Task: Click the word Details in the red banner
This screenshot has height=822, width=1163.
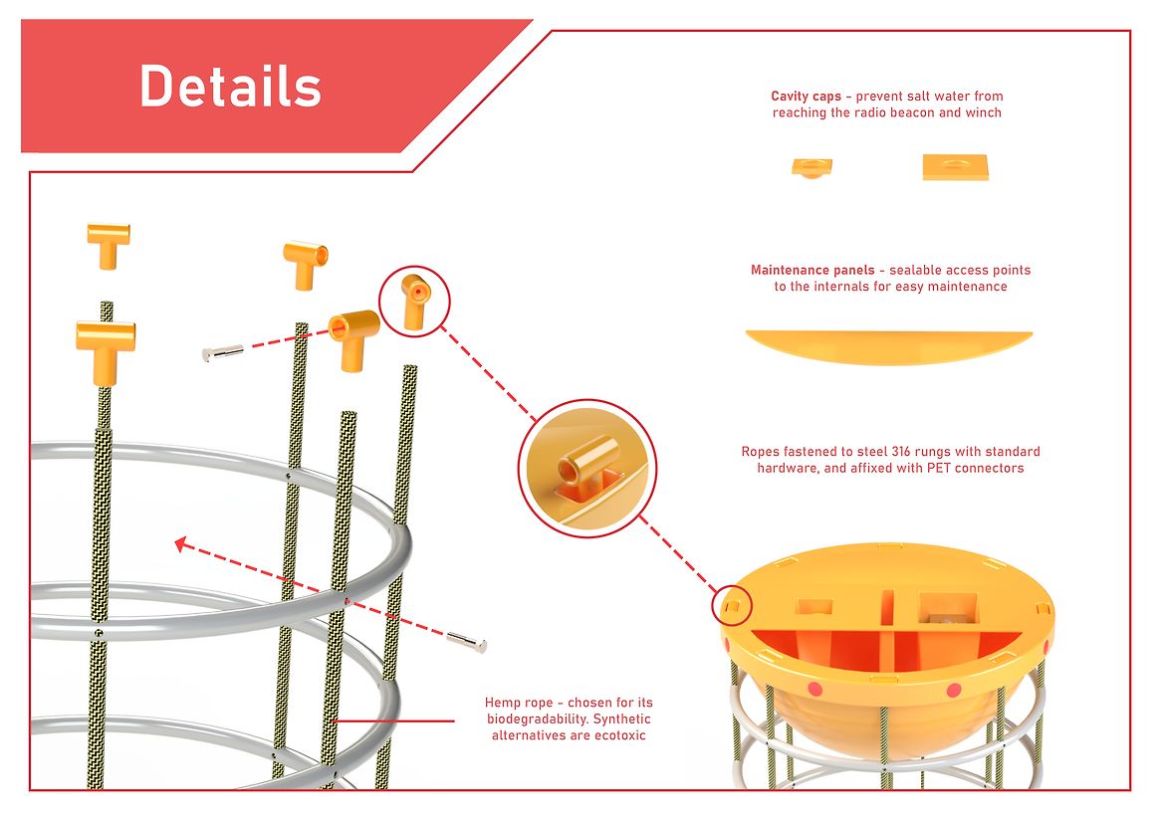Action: pyautogui.click(x=231, y=86)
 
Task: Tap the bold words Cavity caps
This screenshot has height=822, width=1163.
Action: pyautogui.click(x=807, y=97)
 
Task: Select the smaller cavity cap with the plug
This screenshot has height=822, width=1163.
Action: pyautogui.click(x=812, y=167)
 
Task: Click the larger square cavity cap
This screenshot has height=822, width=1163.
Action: pyautogui.click(x=955, y=167)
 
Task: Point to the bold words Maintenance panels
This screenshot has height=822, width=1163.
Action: pyautogui.click(x=813, y=271)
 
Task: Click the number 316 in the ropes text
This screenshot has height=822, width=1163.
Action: pyautogui.click(x=901, y=452)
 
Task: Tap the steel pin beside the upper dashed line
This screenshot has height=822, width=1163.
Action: pyautogui.click(x=222, y=353)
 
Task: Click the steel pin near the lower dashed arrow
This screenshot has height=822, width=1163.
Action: pyautogui.click(x=467, y=642)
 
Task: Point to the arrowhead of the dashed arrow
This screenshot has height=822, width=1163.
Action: pyautogui.click(x=180, y=544)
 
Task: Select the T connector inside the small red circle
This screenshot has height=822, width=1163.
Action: pyautogui.click(x=414, y=301)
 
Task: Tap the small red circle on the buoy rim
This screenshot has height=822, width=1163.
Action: pyautogui.click(x=732, y=606)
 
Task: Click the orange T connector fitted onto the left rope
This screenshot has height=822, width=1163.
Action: pyautogui.click(x=106, y=351)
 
